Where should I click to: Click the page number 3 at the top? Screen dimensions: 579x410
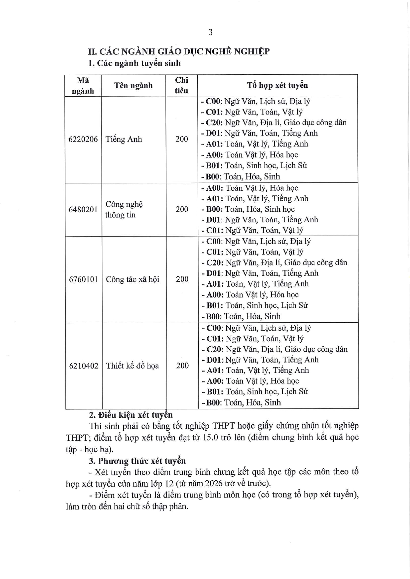click(210, 32)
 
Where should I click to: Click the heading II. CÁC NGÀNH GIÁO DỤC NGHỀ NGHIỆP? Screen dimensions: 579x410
click(178, 51)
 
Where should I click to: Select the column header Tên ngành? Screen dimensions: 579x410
click(133, 85)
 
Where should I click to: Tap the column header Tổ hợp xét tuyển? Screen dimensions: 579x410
click(277, 85)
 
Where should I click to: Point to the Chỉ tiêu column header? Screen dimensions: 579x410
click(181, 85)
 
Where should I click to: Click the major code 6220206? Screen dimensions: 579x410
click(83, 139)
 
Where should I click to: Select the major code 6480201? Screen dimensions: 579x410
click(83, 209)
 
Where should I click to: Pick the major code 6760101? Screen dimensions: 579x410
click(83, 279)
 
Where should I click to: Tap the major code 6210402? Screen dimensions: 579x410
click(84, 366)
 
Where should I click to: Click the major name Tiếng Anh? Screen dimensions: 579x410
click(124, 139)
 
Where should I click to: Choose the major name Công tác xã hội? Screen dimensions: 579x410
click(132, 279)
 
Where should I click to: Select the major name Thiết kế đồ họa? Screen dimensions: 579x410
click(132, 366)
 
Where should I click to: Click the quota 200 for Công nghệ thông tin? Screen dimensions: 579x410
click(182, 209)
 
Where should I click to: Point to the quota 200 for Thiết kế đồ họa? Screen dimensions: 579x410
click(182, 366)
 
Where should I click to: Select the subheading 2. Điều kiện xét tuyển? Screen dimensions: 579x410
click(131, 415)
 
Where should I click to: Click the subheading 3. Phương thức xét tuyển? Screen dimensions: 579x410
click(137, 461)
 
